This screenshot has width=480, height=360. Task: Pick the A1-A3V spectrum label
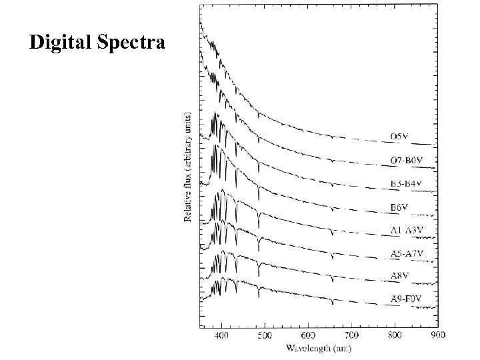click(407, 231)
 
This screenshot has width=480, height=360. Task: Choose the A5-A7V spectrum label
click(407, 254)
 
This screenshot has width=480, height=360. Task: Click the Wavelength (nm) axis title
click(320, 347)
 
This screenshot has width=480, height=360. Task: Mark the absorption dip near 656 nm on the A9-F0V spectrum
click(332, 302)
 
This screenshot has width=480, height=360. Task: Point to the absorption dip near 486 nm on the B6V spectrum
click(259, 197)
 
